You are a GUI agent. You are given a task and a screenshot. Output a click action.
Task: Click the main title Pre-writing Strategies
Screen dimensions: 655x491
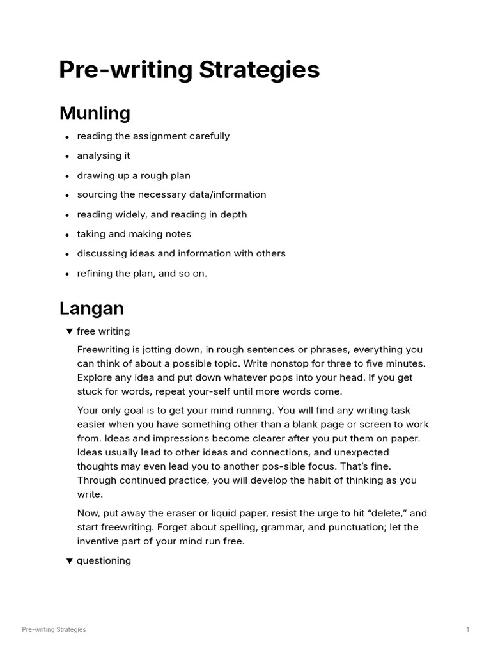[189, 70]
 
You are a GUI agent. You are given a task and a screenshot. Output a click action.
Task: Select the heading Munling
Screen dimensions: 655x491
[95, 113]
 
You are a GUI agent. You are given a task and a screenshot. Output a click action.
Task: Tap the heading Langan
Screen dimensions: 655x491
[91, 308]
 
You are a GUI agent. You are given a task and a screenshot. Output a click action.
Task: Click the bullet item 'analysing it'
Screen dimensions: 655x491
[104, 155]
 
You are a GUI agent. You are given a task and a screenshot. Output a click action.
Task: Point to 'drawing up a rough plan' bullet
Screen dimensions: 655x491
[134, 175]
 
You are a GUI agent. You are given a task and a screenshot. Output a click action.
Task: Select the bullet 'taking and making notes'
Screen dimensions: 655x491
[134, 234]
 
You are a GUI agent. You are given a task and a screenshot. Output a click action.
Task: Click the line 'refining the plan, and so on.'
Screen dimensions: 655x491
[142, 273]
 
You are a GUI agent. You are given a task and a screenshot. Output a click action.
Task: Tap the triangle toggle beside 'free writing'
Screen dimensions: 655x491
[69, 331]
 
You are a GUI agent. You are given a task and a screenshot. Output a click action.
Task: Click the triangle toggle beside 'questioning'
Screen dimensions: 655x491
[69, 561]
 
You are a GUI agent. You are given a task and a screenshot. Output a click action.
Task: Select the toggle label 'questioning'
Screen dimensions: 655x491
[104, 561]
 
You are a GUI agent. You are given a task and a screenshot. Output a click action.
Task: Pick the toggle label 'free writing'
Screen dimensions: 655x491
[103, 331]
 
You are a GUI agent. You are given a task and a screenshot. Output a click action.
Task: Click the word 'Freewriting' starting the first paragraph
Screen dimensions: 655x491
[104, 350]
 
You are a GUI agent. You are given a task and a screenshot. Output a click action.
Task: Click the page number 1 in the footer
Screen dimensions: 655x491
[467, 630]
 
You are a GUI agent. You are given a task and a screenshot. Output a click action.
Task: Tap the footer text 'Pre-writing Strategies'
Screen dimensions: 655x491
[54, 630]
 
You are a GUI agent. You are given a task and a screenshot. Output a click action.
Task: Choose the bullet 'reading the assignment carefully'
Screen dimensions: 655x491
[153, 136]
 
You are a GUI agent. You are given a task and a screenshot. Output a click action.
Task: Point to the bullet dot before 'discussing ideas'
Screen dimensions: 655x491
[67, 255]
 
